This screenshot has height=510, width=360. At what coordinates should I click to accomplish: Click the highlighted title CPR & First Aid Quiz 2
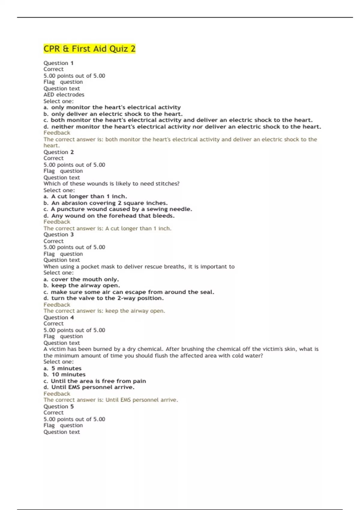(x=89, y=49)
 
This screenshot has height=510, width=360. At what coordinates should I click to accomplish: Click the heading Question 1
(x=58, y=63)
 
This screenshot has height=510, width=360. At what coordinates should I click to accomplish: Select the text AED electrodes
(x=64, y=94)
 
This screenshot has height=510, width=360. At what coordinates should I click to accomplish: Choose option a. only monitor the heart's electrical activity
(x=112, y=107)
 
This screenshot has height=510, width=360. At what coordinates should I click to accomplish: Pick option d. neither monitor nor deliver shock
(x=182, y=127)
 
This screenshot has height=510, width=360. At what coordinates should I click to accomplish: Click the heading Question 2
(x=58, y=152)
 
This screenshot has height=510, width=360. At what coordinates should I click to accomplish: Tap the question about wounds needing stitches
(x=111, y=184)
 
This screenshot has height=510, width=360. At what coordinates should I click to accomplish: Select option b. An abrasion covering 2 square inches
(x=106, y=203)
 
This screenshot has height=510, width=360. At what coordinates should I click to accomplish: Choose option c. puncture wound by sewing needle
(x=118, y=209)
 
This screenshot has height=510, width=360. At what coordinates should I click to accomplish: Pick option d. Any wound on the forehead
(x=109, y=216)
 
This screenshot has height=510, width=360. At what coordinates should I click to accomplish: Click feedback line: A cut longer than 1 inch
(x=107, y=228)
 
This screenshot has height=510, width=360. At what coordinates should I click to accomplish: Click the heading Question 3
(x=58, y=235)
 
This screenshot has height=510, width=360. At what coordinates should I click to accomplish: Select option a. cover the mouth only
(x=81, y=279)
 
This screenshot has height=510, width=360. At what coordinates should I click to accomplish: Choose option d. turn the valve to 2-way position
(x=103, y=298)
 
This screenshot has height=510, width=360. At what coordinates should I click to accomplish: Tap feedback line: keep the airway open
(x=104, y=311)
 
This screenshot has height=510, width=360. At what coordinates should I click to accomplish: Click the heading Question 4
(x=58, y=317)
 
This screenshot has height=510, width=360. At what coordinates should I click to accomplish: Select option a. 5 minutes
(x=62, y=368)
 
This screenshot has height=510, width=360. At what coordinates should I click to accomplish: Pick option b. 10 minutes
(x=64, y=374)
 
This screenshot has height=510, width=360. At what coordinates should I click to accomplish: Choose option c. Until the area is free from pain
(x=95, y=381)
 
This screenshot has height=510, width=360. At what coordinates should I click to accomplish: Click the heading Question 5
(x=58, y=406)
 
